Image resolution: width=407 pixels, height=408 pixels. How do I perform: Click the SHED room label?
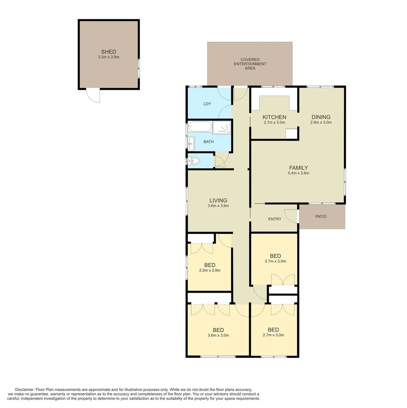click(x=108, y=52)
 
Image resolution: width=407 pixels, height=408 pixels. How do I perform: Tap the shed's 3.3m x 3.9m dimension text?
click(x=108, y=57)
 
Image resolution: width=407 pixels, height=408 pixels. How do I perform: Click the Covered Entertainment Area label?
click(x=250, y=64)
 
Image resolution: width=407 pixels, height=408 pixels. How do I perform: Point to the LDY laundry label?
click(x=207, y=104)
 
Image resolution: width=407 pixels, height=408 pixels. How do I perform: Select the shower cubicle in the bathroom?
click(x=222, y=127)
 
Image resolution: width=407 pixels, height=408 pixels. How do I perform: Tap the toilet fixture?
click(x=194, y=161)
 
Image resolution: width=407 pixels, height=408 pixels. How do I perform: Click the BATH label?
click(x=208, y=142)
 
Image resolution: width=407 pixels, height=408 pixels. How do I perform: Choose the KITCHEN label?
click(x=274, y=117)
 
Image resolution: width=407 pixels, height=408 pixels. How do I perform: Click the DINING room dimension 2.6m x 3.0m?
click(x=321, y=122)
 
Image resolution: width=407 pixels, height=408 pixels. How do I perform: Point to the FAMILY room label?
click(x=298, y=168)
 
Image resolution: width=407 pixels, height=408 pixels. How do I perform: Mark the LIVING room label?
click(x=218, y=200)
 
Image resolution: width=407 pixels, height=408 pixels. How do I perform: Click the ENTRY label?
click(x=274, y=219)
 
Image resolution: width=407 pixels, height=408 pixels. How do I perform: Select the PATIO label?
click(x=321, y=216)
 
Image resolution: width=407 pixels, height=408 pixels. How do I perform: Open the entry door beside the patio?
click(x=291, y=216)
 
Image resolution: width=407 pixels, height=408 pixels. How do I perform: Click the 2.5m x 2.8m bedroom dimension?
click(x=210, y=270)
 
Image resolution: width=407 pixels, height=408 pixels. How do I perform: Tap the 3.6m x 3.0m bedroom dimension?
click(x=218, y=335)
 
